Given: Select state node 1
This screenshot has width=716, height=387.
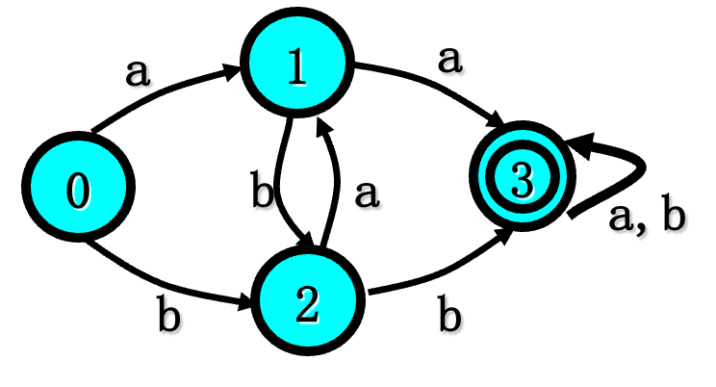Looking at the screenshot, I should (298, 68).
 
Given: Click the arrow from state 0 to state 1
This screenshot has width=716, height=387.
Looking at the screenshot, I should (164, 91).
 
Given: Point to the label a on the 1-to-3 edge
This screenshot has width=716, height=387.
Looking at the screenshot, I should (448, 60).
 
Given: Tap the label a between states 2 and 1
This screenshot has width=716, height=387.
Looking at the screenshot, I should (366, 194).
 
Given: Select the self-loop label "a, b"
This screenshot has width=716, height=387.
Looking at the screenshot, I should (647, 218).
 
